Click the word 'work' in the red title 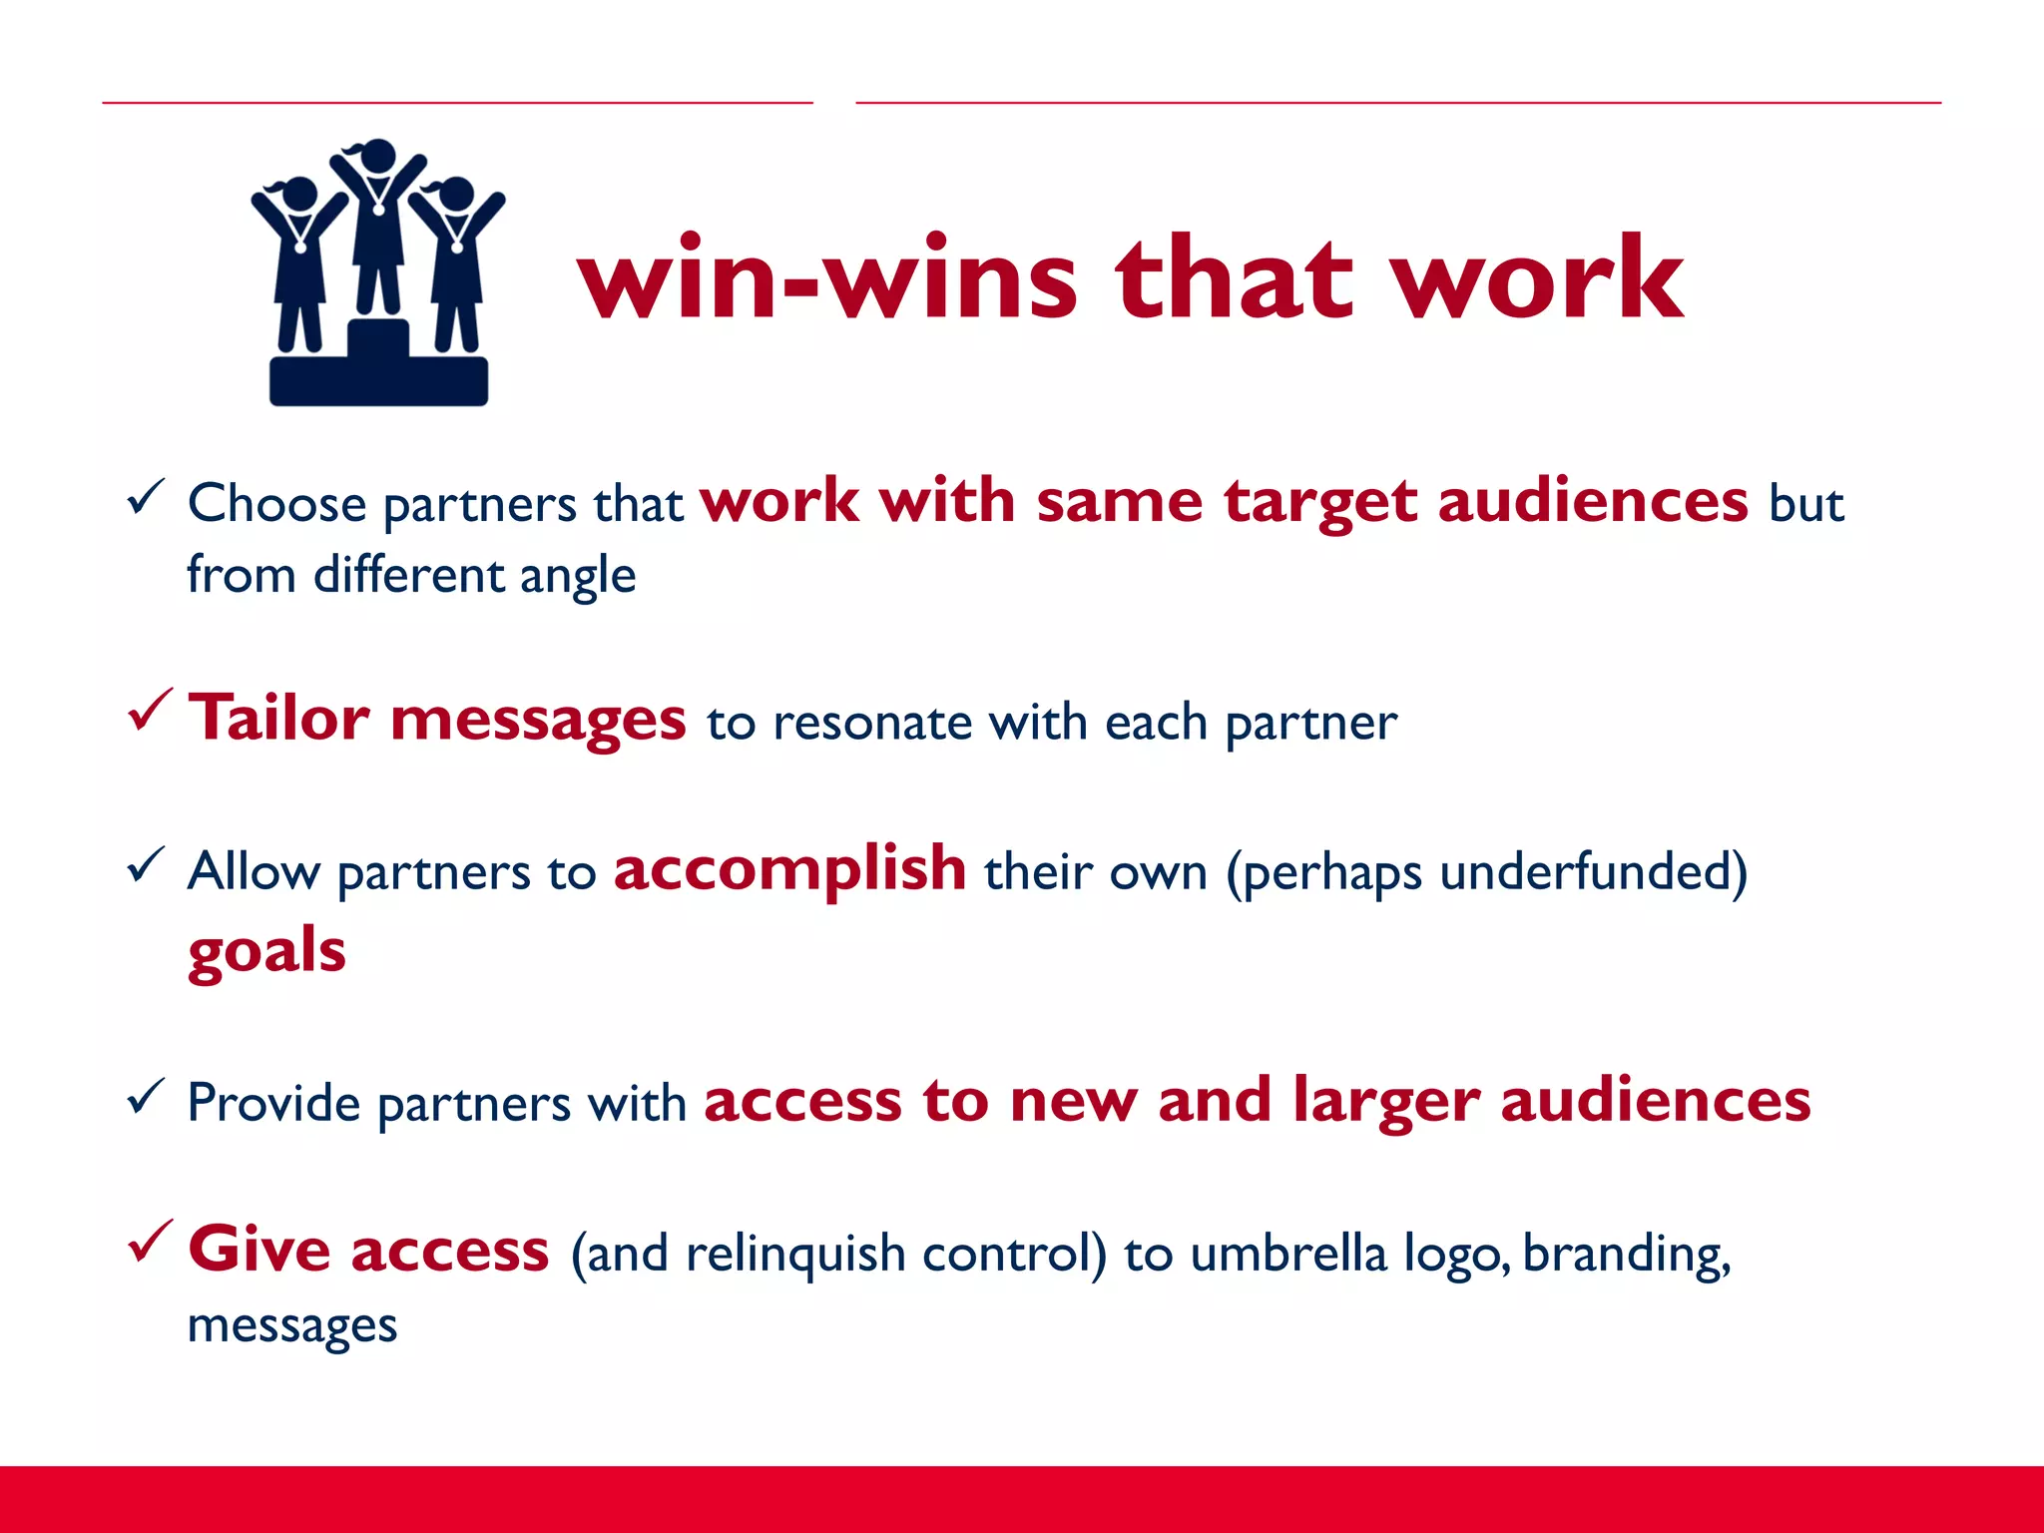click(x=1537, y=279)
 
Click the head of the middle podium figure click(x=378, y=157)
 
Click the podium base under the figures click(x=378, y=379)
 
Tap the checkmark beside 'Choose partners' click(x=146, y=496)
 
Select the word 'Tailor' click(x=279, y=718)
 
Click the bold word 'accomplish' click(x=789, y=868)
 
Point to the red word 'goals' click(x=266, y=951)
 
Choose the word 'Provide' click(x=273, y=1104)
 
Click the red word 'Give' click(x=259, y=1249)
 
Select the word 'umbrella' click(x=1287, y=1254)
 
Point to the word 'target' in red click(x=1319, y=502)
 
